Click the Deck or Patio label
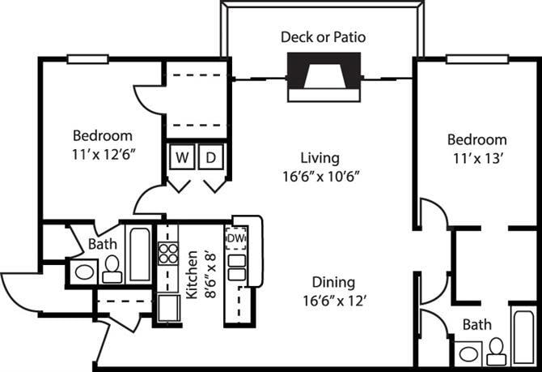[x=323, y=36]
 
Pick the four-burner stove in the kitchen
[x=167, y=254]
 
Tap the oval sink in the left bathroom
[x=83, y=272]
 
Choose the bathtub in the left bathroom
[x=139, y=254]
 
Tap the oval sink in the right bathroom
[x=467, y=354]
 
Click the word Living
[x=320, y=158]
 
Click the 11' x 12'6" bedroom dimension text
[x=103, y=152]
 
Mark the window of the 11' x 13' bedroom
[x=477, y=58]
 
